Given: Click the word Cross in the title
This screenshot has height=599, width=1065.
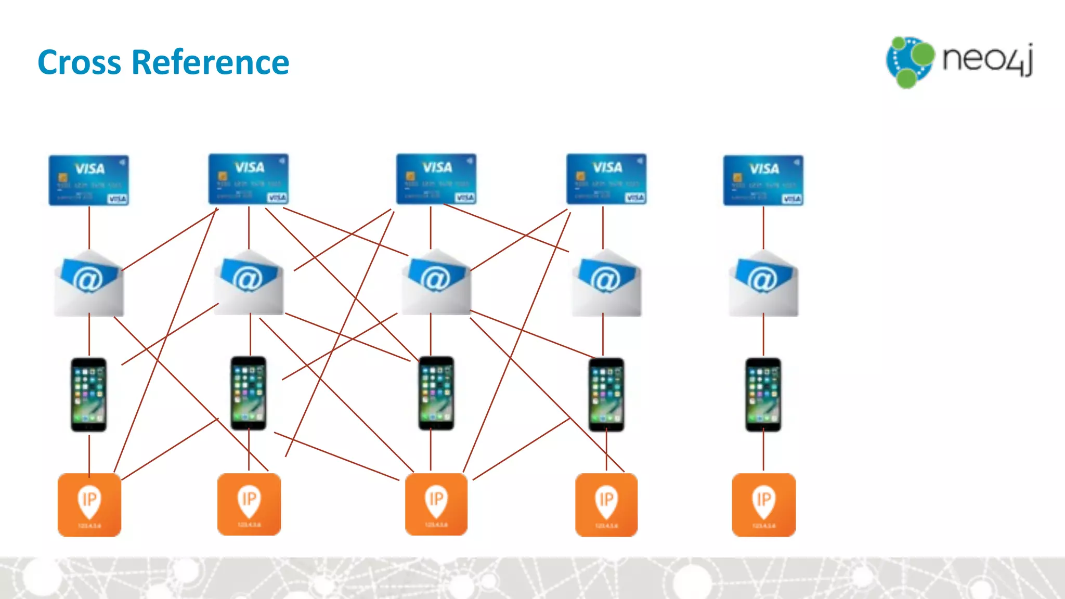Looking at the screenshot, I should coord(79,63).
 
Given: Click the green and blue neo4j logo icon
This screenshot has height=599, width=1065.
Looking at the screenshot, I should coord(910,62).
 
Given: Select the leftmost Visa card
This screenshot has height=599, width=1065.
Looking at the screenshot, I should coord(89,180).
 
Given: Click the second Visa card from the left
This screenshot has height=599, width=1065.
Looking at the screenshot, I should coord(249,179).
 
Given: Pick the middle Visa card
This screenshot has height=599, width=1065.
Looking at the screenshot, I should coord(436,179).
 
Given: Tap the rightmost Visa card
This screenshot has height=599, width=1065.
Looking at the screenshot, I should coord(763,180).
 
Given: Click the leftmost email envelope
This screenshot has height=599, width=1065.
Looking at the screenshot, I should coord(89,284).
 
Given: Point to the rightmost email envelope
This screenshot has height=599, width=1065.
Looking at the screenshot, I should coord(763,284).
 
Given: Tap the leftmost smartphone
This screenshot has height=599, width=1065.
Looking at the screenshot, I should coord(89,395).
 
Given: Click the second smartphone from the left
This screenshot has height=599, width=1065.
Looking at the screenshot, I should coord(249,393).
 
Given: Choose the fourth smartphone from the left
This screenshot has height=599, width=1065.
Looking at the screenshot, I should coord(606,395).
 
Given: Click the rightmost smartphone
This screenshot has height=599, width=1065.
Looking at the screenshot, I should coord(763,395).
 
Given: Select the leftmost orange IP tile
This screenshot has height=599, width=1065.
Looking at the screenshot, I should coord(89,505).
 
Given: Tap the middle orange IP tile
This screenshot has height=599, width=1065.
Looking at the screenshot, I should coord(436,504).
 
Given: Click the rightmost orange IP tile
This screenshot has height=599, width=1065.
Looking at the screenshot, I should coord(763,505).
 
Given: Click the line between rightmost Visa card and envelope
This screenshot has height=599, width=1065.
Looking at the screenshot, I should coord(763,228).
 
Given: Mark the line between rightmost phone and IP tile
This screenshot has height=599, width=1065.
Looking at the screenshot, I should coord(763,451).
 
